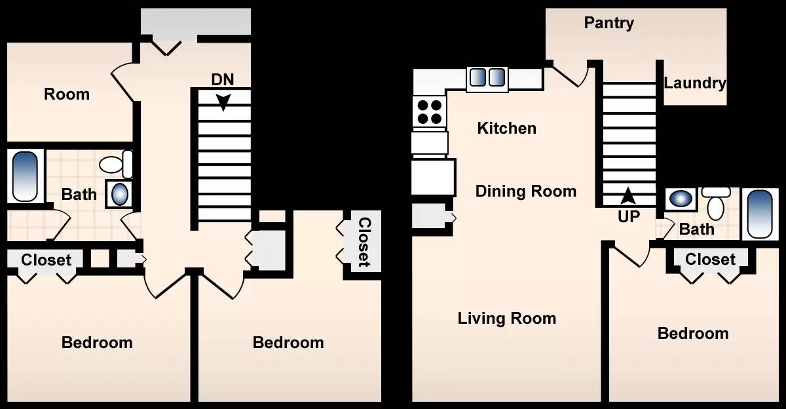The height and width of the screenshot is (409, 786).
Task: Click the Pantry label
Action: point(608,23)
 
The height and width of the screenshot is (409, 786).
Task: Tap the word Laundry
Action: point(695,83)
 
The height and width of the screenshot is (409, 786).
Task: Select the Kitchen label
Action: point(507,128)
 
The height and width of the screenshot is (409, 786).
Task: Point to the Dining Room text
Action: point(525,191)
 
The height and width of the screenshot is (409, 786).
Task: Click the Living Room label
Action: point(507,319)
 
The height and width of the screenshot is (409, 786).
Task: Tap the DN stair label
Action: point(223,80)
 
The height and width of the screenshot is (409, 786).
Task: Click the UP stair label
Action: point(629,216)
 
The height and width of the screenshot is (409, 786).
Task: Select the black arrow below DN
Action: point(223,102)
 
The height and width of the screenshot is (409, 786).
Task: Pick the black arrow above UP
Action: point(627,196)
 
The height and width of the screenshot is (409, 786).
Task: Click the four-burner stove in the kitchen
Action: point(430,111)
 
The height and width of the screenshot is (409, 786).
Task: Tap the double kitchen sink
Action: point(487,77)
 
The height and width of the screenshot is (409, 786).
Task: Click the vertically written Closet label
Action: point(365,243)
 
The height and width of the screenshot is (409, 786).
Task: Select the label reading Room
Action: point(67,94)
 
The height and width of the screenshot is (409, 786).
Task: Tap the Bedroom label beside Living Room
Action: point(693,334)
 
